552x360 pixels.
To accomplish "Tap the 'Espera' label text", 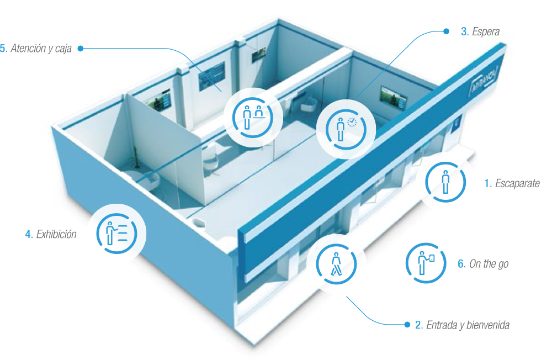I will point(486,32).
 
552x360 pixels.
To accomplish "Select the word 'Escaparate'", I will point(517,183).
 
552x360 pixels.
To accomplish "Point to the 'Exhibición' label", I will point(56,234).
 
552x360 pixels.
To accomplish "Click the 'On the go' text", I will point(489,264).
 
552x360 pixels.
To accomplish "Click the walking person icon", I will point(336,263).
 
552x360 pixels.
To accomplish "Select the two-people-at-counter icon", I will point(254,117).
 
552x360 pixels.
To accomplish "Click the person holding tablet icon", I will point(426,263).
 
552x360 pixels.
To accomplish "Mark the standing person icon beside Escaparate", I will point(444,181).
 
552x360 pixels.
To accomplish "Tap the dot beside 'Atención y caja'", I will point(81,49).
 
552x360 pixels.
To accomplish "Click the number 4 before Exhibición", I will point(28,234).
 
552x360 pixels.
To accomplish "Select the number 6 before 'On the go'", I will point(461,264).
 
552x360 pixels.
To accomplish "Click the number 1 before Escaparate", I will point(487,183).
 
